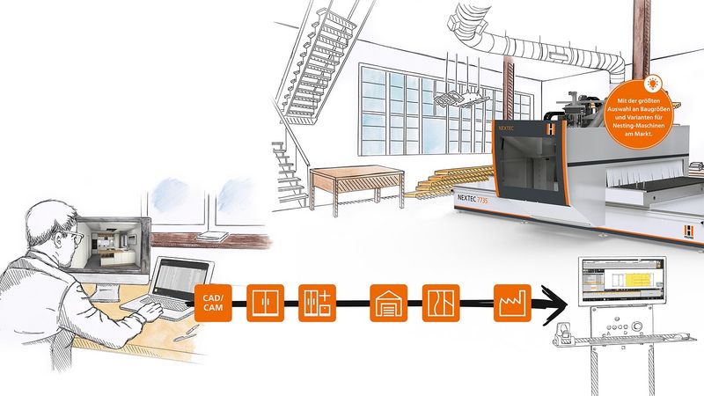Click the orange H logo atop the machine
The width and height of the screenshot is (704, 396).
click(552, 128)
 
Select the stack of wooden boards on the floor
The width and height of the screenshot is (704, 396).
click(444, 183)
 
